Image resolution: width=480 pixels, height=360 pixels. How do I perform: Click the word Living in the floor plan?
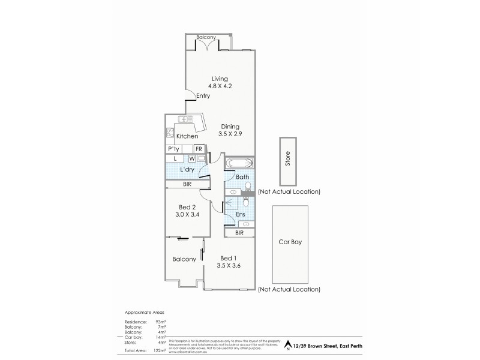[219, 79]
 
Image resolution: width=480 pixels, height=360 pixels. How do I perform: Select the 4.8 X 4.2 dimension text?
[219, 86]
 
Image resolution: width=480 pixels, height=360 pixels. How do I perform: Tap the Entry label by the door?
[202, 96]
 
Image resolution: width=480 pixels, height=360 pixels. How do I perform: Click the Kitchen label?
[187, 136]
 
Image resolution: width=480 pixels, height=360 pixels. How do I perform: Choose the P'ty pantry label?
[174, 149]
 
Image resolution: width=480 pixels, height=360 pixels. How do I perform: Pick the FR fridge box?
[199, 149]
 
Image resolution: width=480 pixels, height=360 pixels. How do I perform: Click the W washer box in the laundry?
[192, 158]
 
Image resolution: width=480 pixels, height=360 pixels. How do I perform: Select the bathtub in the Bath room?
[239, 163]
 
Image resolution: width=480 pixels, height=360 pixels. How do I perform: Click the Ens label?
[239, 214]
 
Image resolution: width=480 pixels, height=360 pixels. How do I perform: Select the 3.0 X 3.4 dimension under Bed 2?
[187, 215]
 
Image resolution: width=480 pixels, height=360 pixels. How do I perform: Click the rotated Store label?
[287, 161]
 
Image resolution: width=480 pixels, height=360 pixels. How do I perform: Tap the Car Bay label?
[290, 244]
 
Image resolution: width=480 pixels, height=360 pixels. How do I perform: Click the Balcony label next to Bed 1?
[184, 259]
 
